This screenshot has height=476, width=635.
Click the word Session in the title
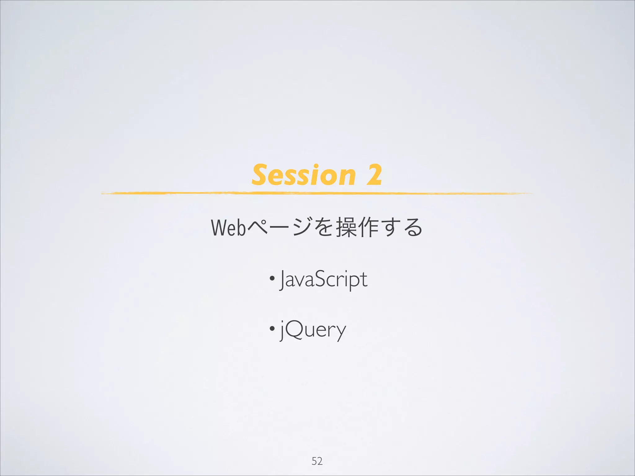tap(303, 175)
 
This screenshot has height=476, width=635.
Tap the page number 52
tap(317, 461)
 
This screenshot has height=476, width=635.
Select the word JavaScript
tap(323, 280)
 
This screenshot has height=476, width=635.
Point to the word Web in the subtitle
tap(229, 228)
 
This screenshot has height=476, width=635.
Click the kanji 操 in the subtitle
tap(346, 227)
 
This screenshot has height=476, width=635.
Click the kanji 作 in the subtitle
tap(368, 227)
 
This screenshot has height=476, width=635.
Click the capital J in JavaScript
tap(282, 280)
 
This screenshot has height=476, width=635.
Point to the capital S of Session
tap(260, 175)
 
